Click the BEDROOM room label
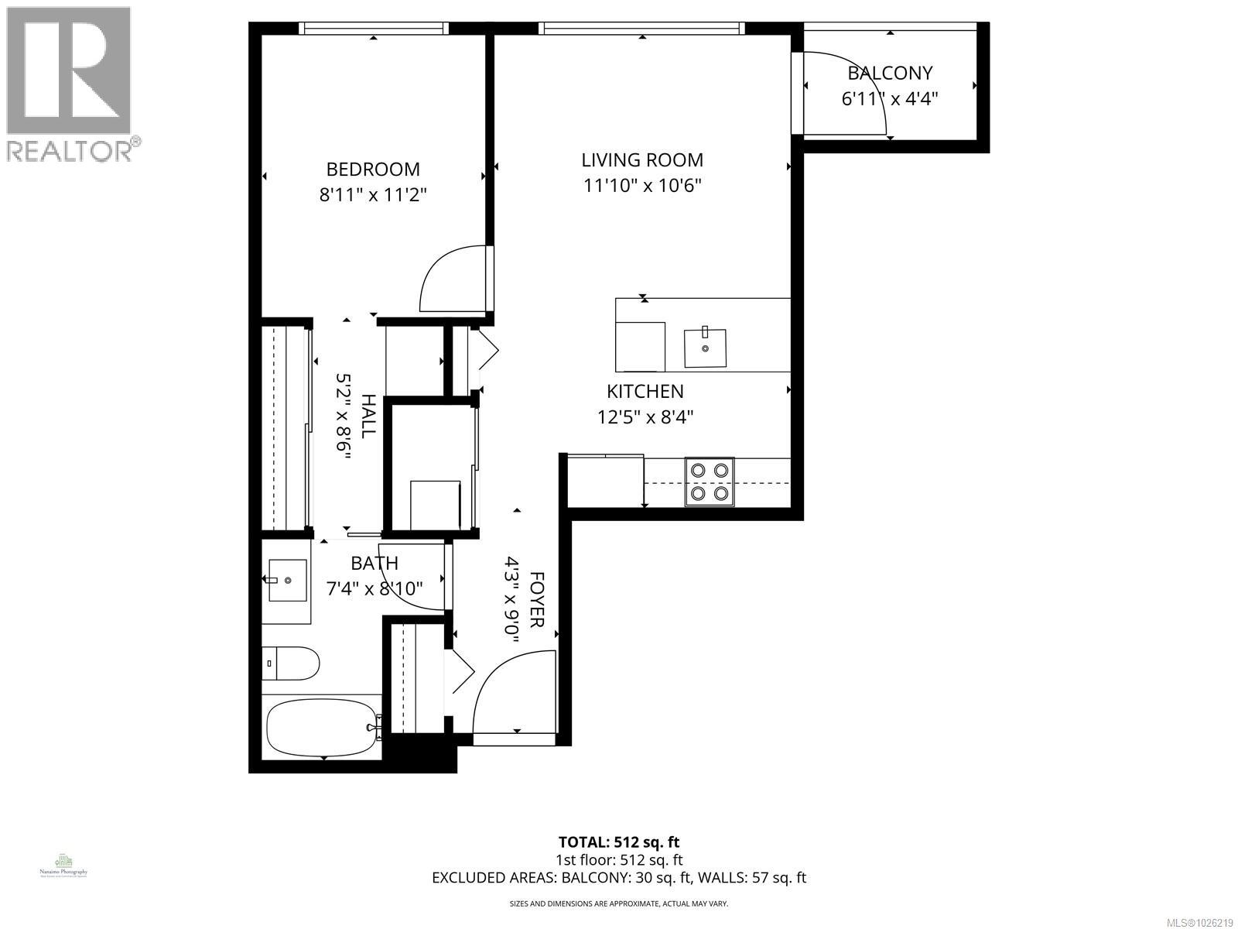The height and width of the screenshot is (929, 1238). click(373, 169)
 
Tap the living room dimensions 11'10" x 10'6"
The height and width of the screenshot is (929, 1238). click(642, 186)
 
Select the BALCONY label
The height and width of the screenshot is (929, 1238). click(890, 73)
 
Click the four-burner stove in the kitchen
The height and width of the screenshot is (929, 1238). click(710, 482)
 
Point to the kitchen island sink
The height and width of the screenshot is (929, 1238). click(706, 348)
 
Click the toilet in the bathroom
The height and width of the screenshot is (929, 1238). click(291, 663)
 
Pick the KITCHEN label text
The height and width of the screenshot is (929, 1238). click(645, 392)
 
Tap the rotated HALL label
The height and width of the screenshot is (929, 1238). click(368, 416)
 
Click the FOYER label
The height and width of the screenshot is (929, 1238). click(536, 600)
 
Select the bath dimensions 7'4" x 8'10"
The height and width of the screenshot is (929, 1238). click(374, 588)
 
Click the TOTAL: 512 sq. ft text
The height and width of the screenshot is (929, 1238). click(619, 842)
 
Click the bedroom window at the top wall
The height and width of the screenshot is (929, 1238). click(374, 29)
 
